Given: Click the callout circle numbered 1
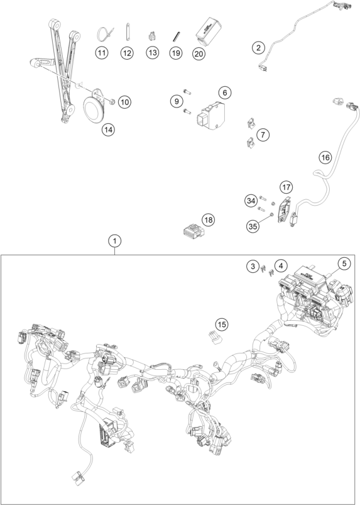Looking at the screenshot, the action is pos(115,241).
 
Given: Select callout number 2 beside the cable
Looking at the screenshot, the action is pos(258,48).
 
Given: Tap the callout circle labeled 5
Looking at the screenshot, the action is pos(344,264).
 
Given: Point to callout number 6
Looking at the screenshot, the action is pos(224,92).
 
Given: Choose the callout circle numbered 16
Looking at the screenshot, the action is pos(325,157).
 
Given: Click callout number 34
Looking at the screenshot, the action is pos(251,201).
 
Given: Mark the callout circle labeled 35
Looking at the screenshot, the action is pos(253,226).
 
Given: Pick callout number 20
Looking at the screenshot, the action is pos(199,53).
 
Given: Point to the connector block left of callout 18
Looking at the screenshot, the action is pos(192,231).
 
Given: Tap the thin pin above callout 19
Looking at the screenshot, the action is pos(176,36).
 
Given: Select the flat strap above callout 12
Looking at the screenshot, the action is pos(127,32).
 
